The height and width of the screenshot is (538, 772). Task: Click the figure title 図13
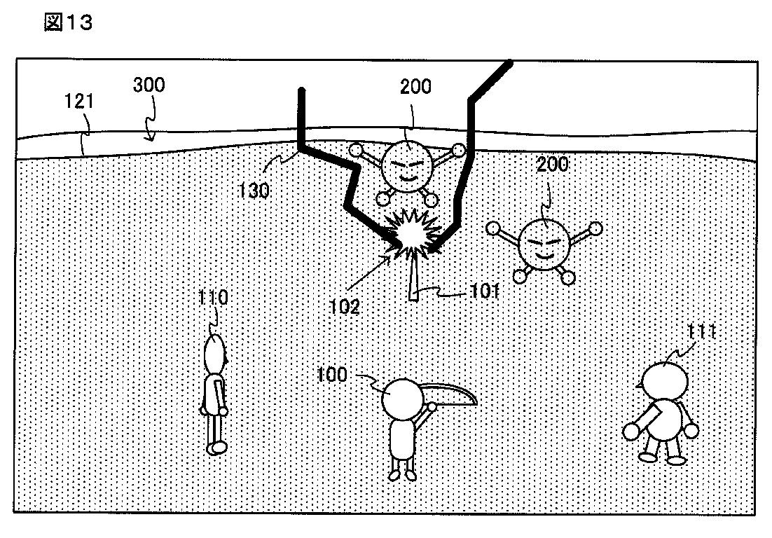pos(68,23)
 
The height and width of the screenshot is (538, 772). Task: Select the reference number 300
pos(149,85)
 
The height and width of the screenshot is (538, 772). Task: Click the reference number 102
pos(345,306)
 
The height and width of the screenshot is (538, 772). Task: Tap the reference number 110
pos(214,298)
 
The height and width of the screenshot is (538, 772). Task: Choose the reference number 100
pos(332,375)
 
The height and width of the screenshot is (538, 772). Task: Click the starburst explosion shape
pos(412,235)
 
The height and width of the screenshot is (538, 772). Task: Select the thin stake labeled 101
pos(414,280)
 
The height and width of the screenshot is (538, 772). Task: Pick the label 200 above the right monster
pos(553,166)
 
